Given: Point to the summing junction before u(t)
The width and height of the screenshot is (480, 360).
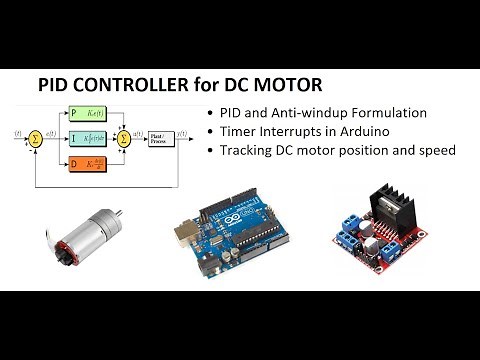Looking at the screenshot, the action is click(x=124, y=136).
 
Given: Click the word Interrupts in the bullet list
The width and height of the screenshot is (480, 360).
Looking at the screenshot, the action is click(x=289, y=132).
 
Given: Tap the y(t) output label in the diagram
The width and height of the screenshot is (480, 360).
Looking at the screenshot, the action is click(x=193, y=130).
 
